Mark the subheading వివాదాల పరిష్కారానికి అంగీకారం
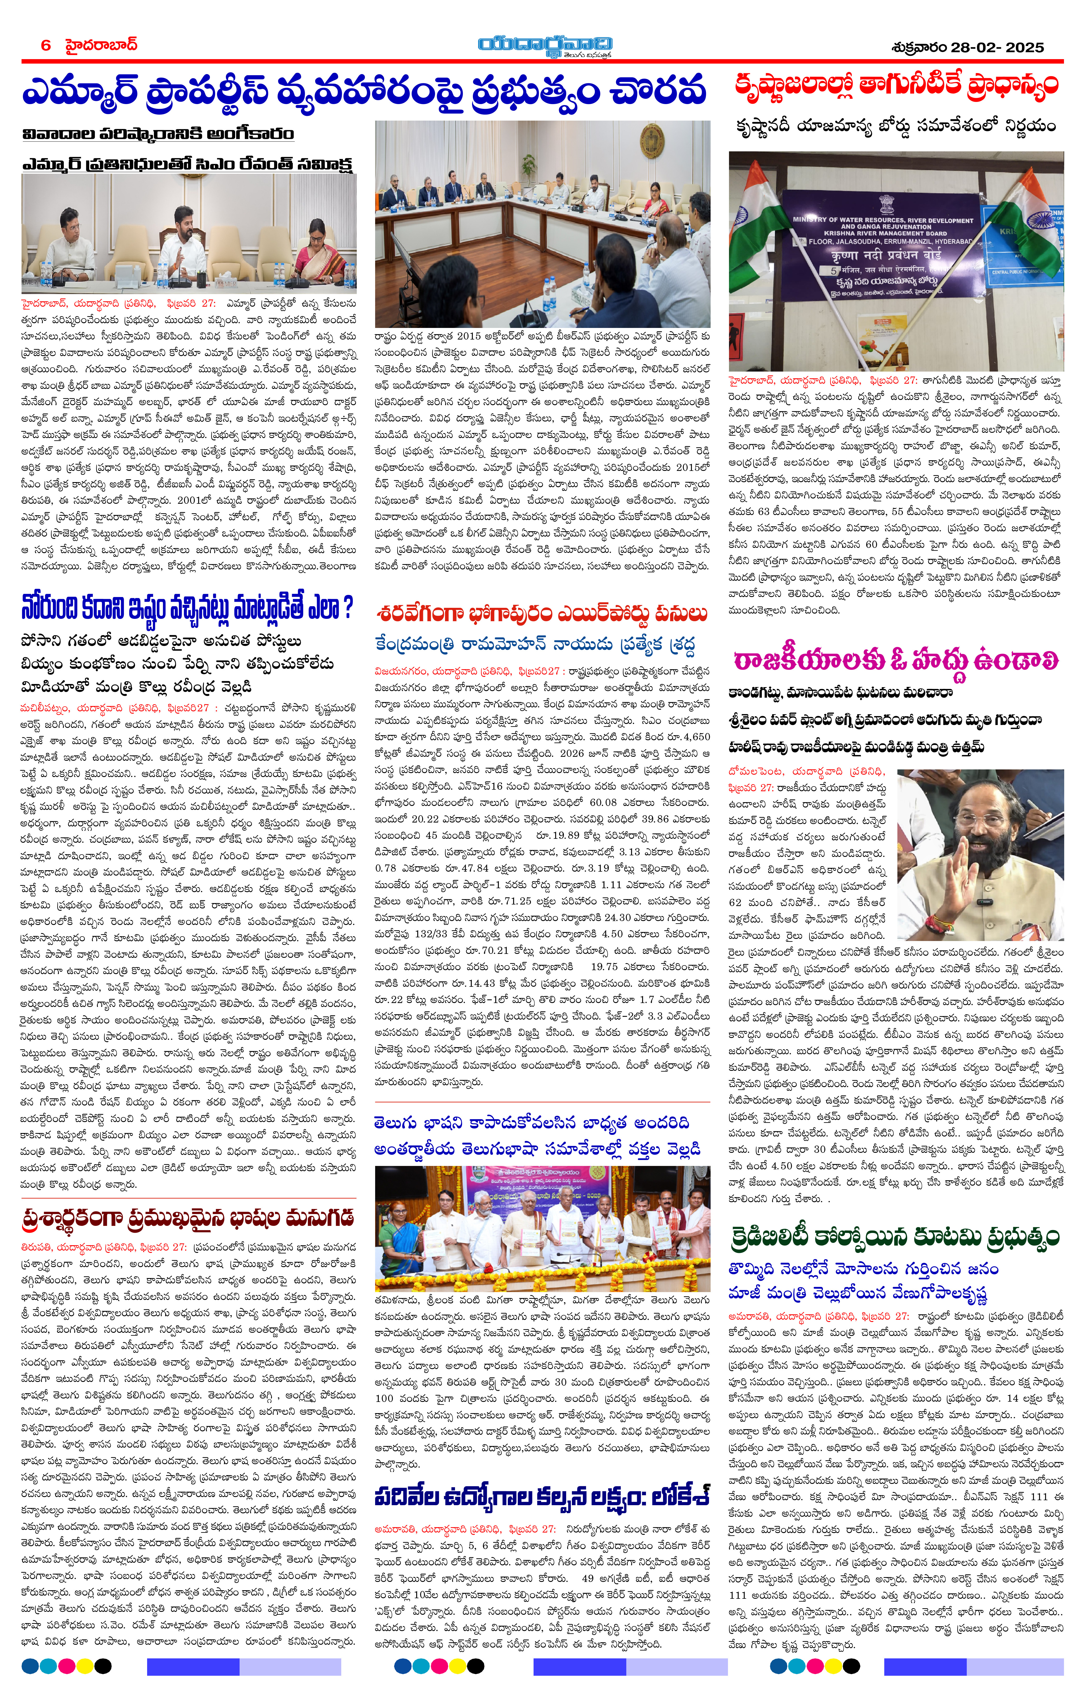(157, 134)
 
